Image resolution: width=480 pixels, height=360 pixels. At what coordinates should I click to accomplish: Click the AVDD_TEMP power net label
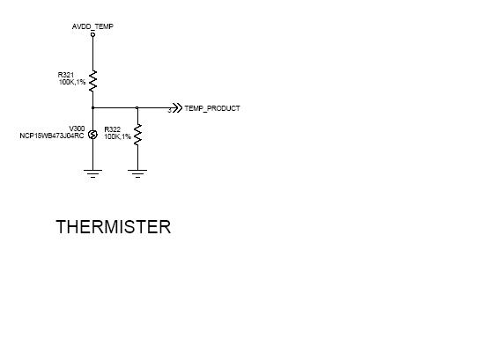point(92,26)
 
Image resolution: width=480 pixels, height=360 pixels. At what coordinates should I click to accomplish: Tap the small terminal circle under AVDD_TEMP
point(92,34)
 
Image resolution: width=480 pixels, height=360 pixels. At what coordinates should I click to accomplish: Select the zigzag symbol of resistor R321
point(92,81)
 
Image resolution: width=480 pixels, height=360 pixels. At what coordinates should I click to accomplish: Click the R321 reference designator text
point(66,75)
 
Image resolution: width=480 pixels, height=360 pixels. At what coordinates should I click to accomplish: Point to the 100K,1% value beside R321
point(72,82)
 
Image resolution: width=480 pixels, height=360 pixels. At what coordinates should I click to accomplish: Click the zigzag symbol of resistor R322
point(137,135)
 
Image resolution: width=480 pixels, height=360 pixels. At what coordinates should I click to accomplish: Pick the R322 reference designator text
point(113,129)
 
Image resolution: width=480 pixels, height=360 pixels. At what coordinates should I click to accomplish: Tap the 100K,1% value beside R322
point(117,136)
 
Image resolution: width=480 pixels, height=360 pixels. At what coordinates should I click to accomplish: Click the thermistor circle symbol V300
point(92,135)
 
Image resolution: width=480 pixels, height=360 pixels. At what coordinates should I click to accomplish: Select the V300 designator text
point(77,129)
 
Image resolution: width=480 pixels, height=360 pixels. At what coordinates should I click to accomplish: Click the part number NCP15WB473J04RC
point(52,136)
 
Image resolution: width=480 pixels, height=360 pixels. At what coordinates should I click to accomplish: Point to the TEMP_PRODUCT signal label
point(212,108)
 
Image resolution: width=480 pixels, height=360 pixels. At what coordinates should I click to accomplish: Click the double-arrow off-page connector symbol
point(177,108)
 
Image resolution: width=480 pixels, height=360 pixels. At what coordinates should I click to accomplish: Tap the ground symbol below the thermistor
point(92,173)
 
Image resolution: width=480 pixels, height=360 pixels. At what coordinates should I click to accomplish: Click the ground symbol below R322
point(137,173)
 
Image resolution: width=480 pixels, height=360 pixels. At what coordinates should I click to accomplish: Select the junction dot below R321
point(92,107)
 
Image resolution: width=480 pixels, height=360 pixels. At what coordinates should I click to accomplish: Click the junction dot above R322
point(137,107)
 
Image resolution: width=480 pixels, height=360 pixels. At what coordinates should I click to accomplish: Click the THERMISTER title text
point(114,227)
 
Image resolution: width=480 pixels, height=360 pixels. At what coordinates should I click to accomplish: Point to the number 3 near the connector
point(169,111)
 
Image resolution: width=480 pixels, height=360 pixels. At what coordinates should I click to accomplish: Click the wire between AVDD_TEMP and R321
point(92,53)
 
